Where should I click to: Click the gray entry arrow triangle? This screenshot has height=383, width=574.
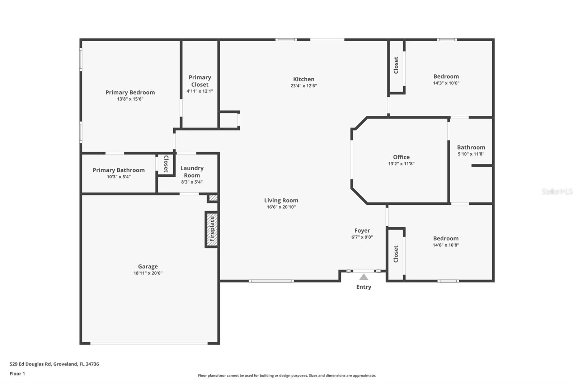pyautogui.click(x=364, y=277)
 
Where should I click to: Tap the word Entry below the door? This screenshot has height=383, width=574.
pyautogui.click(x=364, y=287)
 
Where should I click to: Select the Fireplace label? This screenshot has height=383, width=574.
pyautogui.click(x=212, y=229)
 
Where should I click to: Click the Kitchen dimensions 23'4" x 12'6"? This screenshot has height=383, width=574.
pyautogui.click(x=304, y=86)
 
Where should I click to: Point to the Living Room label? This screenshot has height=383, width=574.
pyautogui.click(x=281, y=200)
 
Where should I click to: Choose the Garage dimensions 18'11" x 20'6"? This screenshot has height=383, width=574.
pyautogui.click(x=148, y=273)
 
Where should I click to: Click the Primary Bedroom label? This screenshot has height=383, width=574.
pyautogui.click(x=130, y=92)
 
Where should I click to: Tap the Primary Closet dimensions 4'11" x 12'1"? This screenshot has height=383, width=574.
pyautogui.click(x=200, y=91)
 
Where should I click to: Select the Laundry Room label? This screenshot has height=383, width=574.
pyautogui.click(x=192, y=172)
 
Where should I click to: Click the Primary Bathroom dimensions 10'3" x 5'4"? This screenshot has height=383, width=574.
pyautogui.click(x=119, y=177)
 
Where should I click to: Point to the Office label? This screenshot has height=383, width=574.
pyautogui.click(x=401, y=157)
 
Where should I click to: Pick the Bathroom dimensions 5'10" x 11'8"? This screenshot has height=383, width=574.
pyautogui.click(x=471, y=154)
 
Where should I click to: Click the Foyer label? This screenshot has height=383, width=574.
pyautogui.click(x=362, y=231)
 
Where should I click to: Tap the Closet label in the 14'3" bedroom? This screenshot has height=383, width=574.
pyautogui.click(x=396, y=65)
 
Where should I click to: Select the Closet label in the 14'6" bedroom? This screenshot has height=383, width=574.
pyautogui.click(x=396, y=254)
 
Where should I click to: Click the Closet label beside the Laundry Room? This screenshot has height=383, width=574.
pyautogui.click(x=166, y=164)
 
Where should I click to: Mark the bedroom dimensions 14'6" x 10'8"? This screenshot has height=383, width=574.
pyautogui.click(x=446, y=245)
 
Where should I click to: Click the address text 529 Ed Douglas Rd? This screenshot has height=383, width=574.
pyautogui.click(x=31, y=364)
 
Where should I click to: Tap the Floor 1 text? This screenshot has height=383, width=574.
pyautogui.click(x=17, y=374)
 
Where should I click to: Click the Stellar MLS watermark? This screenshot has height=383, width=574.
pyautogui.click(x=557, y=192)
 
